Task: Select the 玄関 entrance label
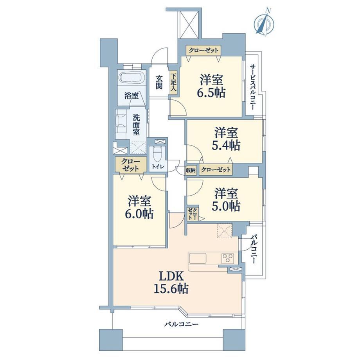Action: pyautogui.click(x=159, y=82)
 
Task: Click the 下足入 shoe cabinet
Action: pyautogui.click(x=173, y=82)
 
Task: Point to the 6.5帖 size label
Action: pyautogui.click(x=211, y=93)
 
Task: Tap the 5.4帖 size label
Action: pyautogui.click(x=226, y=145)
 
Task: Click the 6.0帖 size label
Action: pyautogui.click(x=139, y=214)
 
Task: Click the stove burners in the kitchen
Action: pyautogui.click(x=227, y=258)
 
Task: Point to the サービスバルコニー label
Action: pyautogui.click(x=253, y=87)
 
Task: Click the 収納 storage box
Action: pyautogui.click(x=191, y=170)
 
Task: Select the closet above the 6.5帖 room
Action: pyautogui.click(x=203, y=50)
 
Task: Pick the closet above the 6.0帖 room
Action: pyautogui.click(x=131, y=165)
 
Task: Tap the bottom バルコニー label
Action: pyautogui.click(x=181, y=324)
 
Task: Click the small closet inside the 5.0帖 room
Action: pyautogui.click(x=193, y=213)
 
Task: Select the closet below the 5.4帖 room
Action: pyautogui.click(x=216, y=170)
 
